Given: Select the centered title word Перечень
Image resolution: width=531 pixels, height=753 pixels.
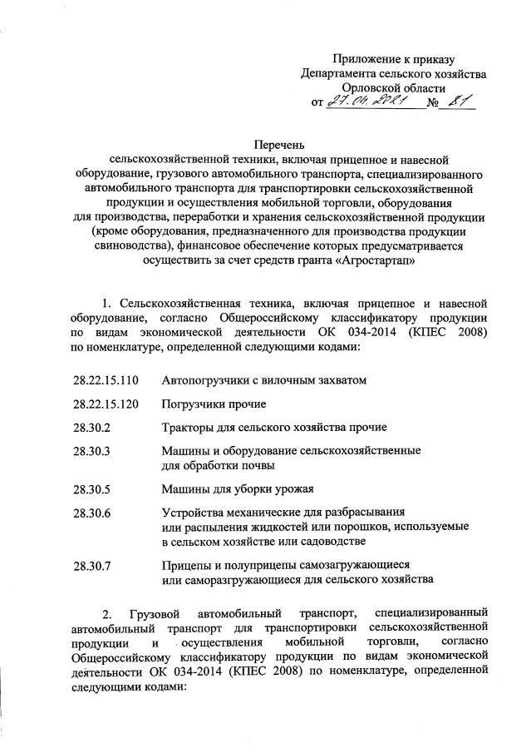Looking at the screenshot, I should point(265,144).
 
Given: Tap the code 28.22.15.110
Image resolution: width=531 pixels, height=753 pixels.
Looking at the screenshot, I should point(105,380).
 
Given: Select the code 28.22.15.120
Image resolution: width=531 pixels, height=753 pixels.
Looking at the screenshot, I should point(105,404).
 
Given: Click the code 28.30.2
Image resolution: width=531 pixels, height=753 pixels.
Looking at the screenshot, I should point(91,427).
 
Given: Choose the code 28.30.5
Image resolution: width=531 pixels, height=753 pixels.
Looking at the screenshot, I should point(91,488).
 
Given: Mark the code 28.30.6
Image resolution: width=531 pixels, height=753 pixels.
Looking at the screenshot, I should point(91,512).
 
